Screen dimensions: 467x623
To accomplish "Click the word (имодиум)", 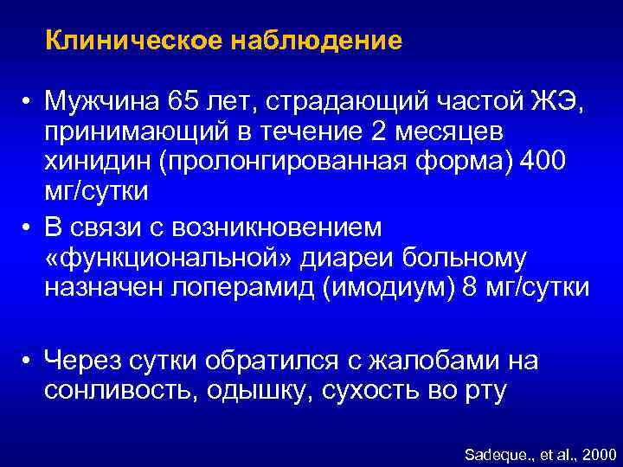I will (389, 286).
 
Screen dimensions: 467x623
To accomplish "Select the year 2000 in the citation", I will (599, 453).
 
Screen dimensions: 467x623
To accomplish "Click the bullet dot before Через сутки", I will (30, 361).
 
